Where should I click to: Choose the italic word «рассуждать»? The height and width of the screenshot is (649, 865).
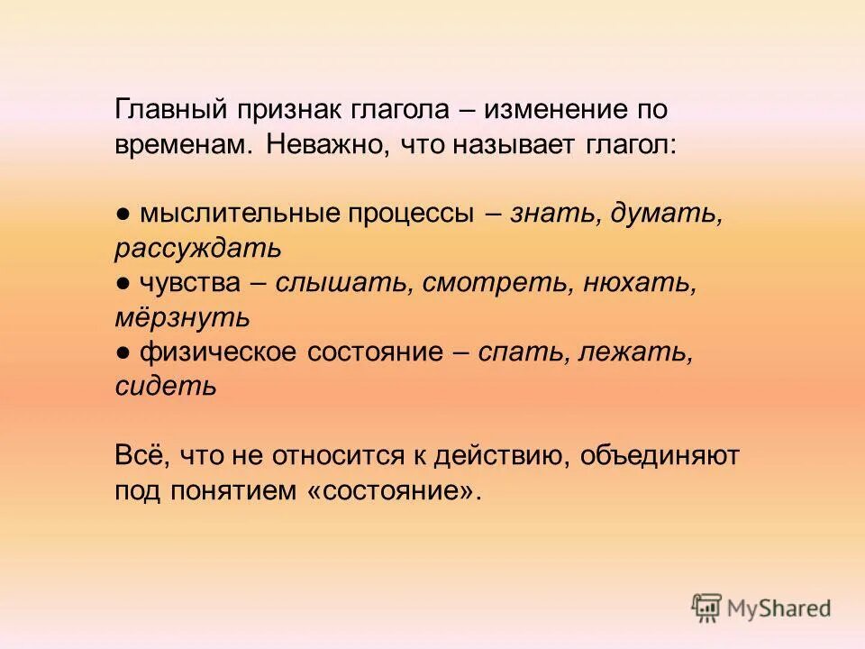click(x=198, y=248)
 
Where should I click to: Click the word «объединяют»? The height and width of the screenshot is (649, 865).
click(x=660, y=456)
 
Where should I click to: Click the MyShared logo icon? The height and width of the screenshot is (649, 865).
click(x=708, y=608)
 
